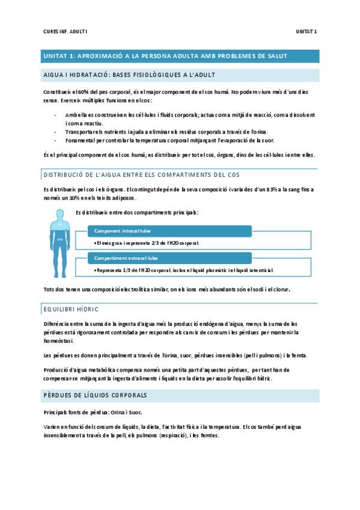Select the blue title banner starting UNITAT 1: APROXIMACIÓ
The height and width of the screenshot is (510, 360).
click(180, 56)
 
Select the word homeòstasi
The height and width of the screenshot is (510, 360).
click(60, 340)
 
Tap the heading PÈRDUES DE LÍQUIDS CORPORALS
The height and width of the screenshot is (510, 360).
click(96, 395)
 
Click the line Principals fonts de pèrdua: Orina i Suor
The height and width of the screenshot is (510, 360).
click(92, 413)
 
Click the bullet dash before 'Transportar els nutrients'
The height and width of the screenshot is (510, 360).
click(55, 132)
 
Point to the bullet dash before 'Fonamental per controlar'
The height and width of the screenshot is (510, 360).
click(55, 140)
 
